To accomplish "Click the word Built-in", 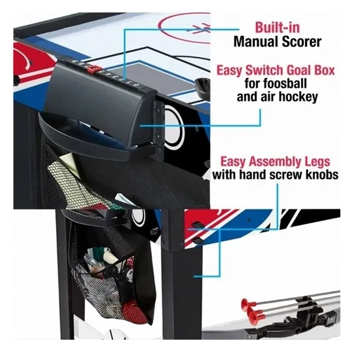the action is [x=278, y=27].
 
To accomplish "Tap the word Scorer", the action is [x=301, y=42].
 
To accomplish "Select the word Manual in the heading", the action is [x=255, y=42].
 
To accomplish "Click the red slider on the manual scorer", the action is [x=94, y=69].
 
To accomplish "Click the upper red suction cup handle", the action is [x=247, y=304].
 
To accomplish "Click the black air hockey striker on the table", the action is [x=202, y=86].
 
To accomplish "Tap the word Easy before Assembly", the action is [x=234, y=162].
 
